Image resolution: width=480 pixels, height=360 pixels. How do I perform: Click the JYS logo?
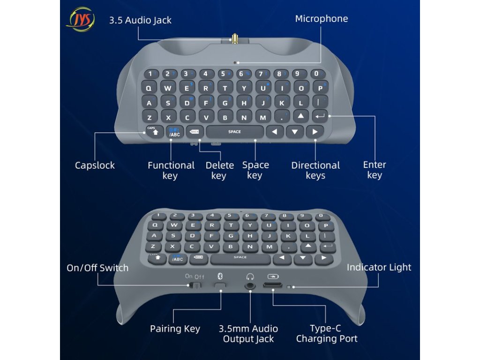[x=80, y=19]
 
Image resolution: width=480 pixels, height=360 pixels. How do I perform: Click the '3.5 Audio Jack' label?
[x=140, y=21]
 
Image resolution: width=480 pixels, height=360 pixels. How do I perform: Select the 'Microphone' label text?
[x=321, y=19]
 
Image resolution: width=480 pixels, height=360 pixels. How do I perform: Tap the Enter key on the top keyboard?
[x=320, y=116]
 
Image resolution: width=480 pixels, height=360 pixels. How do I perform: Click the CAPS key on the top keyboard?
[x=154, y=132]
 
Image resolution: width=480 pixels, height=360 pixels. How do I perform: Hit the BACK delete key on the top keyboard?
[x=194, y=132]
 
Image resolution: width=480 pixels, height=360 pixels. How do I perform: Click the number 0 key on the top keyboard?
[x=317, y=74]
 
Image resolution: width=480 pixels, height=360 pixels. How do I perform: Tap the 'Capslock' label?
[x=95, y=165]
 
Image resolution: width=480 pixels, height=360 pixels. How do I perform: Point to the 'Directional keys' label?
[x=315, y=170]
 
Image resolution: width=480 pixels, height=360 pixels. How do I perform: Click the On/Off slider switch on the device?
[x=196, y=285]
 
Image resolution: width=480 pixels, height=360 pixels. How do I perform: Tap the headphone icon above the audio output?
[x=250, y=277]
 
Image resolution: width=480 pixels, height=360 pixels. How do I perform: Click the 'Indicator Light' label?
[x=379, y=268]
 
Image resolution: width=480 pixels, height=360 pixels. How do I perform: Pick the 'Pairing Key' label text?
[x=175, y=329]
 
